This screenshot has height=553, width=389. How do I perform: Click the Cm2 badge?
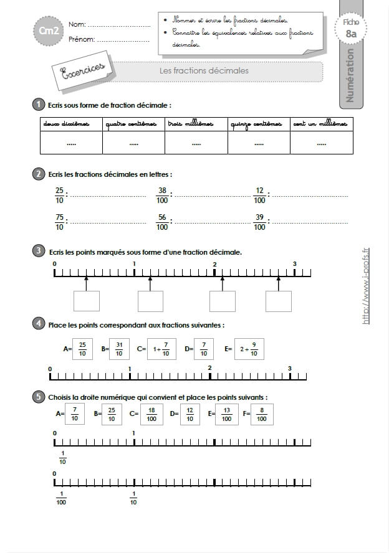45,31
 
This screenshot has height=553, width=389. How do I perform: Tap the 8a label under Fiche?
351,34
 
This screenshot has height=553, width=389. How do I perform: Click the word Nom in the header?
77,25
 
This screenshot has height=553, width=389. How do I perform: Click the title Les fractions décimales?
204,71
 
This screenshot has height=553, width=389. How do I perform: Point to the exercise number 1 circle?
39,104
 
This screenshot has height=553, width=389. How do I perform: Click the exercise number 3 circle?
39,251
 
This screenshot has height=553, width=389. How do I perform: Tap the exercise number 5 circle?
39,396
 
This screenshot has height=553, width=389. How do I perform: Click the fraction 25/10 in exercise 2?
59,195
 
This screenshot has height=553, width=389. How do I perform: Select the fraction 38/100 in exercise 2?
162,195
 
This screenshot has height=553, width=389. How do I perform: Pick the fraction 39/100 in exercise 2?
260,222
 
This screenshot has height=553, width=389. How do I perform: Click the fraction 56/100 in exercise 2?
162,222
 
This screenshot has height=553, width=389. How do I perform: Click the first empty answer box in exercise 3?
86,301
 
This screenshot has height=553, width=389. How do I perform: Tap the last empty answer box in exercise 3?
278,301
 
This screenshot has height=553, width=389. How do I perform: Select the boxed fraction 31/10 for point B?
119,349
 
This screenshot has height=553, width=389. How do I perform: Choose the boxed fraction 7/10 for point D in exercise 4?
203,349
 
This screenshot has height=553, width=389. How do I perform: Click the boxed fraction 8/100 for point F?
262,414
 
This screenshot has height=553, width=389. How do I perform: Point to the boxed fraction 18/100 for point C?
151,414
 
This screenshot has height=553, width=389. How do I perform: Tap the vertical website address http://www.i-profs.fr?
366,286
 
